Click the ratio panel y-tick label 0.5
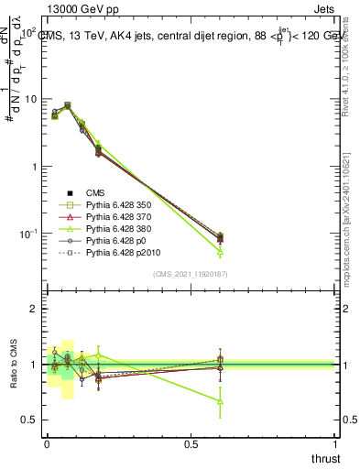28,420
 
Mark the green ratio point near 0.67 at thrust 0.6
220,401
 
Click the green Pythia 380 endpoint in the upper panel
220,251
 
